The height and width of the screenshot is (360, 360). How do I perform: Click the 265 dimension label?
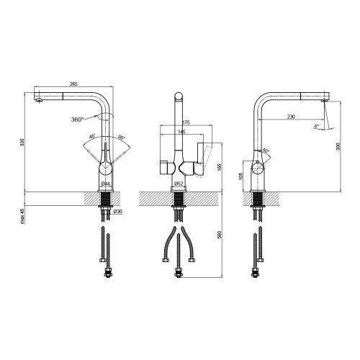tap(73, 84)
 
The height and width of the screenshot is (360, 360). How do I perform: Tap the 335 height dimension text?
tap(22, 143)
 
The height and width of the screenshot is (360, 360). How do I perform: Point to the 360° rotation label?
tap(77, 120)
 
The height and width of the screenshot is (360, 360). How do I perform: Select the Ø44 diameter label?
tap(106, 184)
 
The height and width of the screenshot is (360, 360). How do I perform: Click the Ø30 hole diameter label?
tap(118, 212)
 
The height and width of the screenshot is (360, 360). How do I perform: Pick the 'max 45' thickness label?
tap(22, 216)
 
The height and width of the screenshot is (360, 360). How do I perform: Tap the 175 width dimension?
tap(186, 122)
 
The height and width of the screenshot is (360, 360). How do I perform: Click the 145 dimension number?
tap(181, 132)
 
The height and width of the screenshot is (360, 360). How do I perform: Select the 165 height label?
tap(219, 168)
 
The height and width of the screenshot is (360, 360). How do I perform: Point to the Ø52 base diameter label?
tap(179, 184)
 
